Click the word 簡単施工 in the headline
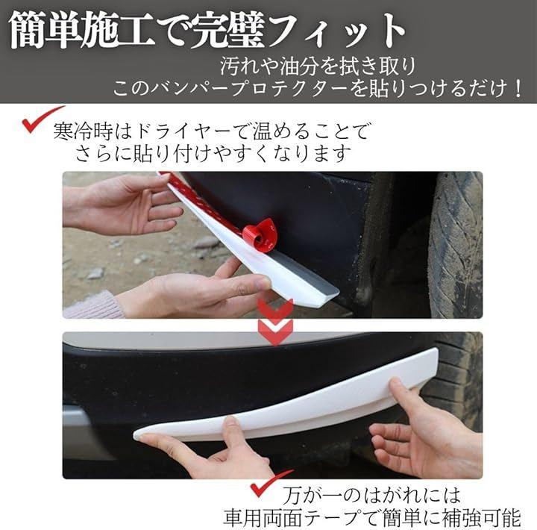coord(81,31)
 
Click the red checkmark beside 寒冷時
coord(40,119)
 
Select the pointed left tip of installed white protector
coord(135,434)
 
